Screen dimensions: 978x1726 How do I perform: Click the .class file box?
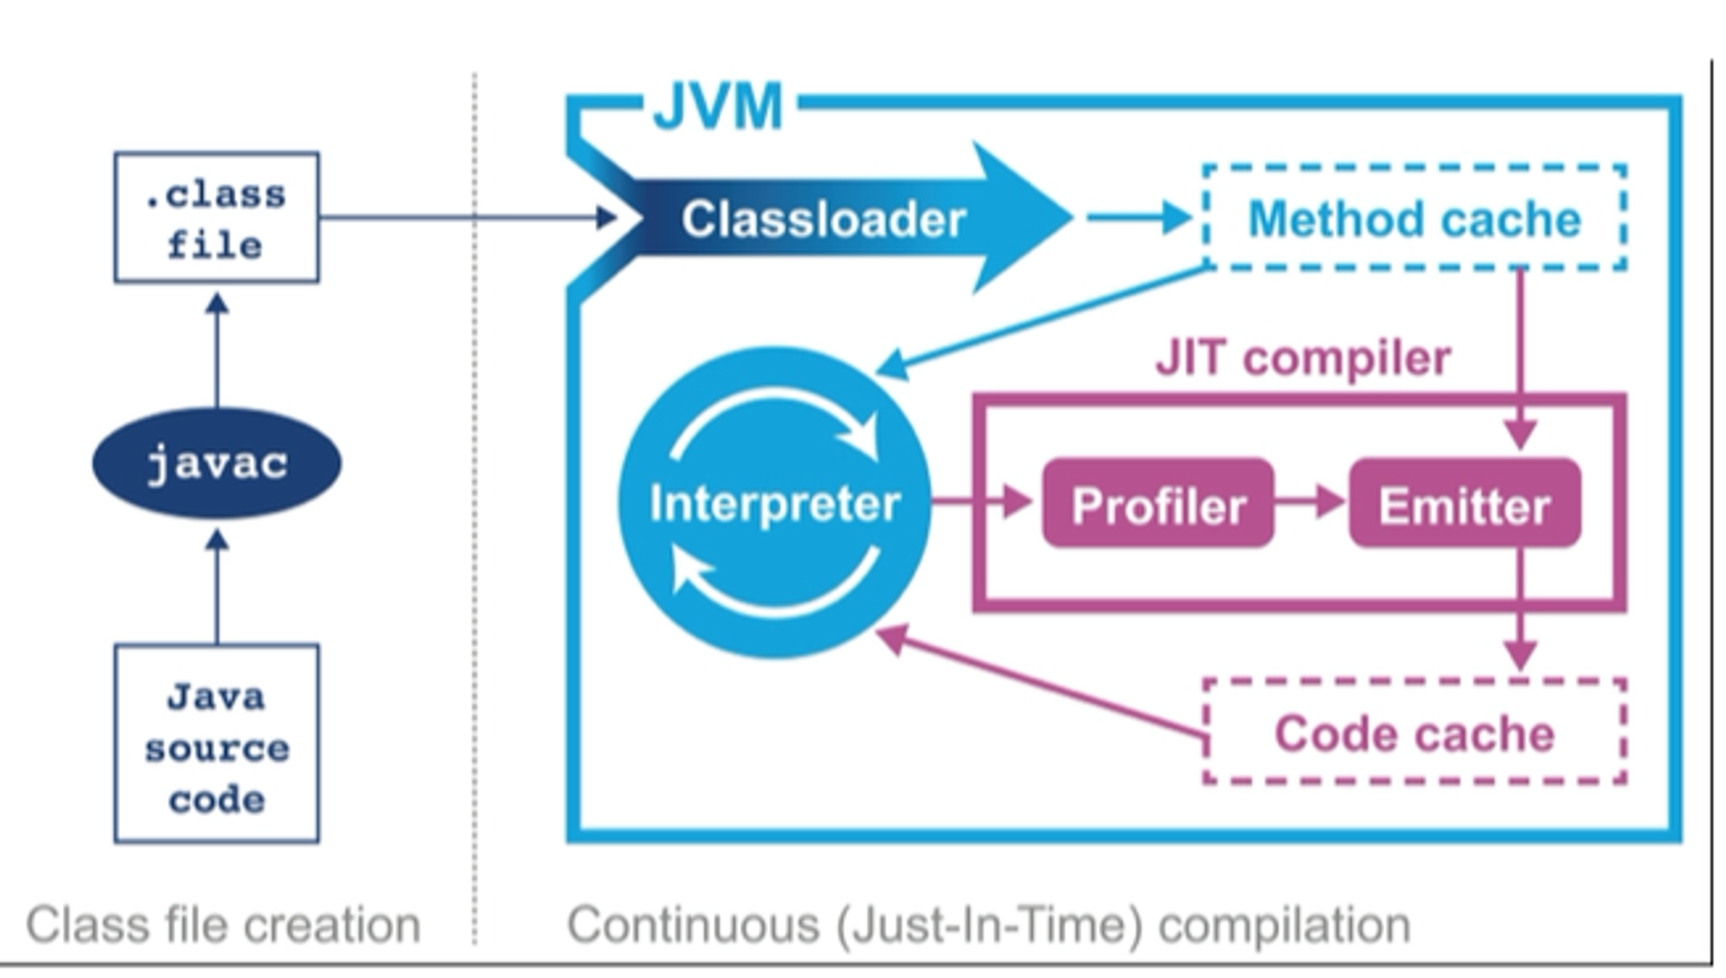[x=216, y=218]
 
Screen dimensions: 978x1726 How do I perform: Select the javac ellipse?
[x=217, y=464]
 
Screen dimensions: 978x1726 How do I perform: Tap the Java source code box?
[x=216, y=744]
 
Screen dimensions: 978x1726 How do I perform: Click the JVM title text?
[x=718, y=107]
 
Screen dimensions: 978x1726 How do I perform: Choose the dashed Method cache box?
[x=1414, y=218]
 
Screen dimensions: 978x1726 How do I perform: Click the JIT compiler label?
[x=1303, y=358]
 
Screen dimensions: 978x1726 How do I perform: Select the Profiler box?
[x=1158, y=504]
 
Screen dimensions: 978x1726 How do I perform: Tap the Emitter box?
[x=1465, y=504]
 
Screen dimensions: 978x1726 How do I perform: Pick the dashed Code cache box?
[x=1414, y=733]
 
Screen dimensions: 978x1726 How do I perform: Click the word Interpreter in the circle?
[x=774, y=503]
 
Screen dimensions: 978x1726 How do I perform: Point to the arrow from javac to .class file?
[x=217, y=350]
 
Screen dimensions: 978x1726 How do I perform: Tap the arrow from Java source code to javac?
[x=217, y=587]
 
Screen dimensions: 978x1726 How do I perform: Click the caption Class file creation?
[x=223, y=925]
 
